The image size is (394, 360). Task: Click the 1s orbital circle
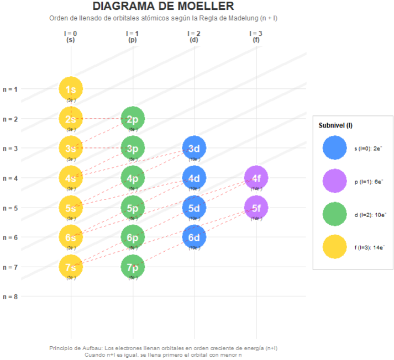(x=71, y=89)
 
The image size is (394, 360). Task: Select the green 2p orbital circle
(x=133, y=119)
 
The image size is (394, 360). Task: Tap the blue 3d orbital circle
(x=194, y=148)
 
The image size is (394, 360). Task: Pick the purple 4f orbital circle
(x=256, y=178)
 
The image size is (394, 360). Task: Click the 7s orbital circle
(x=71, y=267)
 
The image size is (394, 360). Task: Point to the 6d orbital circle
(x=194, y=237)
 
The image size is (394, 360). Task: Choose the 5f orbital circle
(x=256, y=208)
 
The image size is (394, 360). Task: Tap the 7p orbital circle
(x=133, y=267)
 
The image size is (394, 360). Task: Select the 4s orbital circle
(x=71, y=178)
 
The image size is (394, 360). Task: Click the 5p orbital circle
(x=133, y=208)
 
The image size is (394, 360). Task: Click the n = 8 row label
(x=10, y=297)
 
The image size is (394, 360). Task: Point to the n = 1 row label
(x=10, y=89)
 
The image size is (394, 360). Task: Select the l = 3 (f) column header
(x=256, y=36)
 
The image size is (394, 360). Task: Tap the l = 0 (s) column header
(x=71, y=36)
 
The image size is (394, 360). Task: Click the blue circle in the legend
(x=334, y=149)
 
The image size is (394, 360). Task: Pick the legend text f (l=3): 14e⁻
(x=370, y=247)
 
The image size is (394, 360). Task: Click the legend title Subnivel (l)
(x=335, y=126)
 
